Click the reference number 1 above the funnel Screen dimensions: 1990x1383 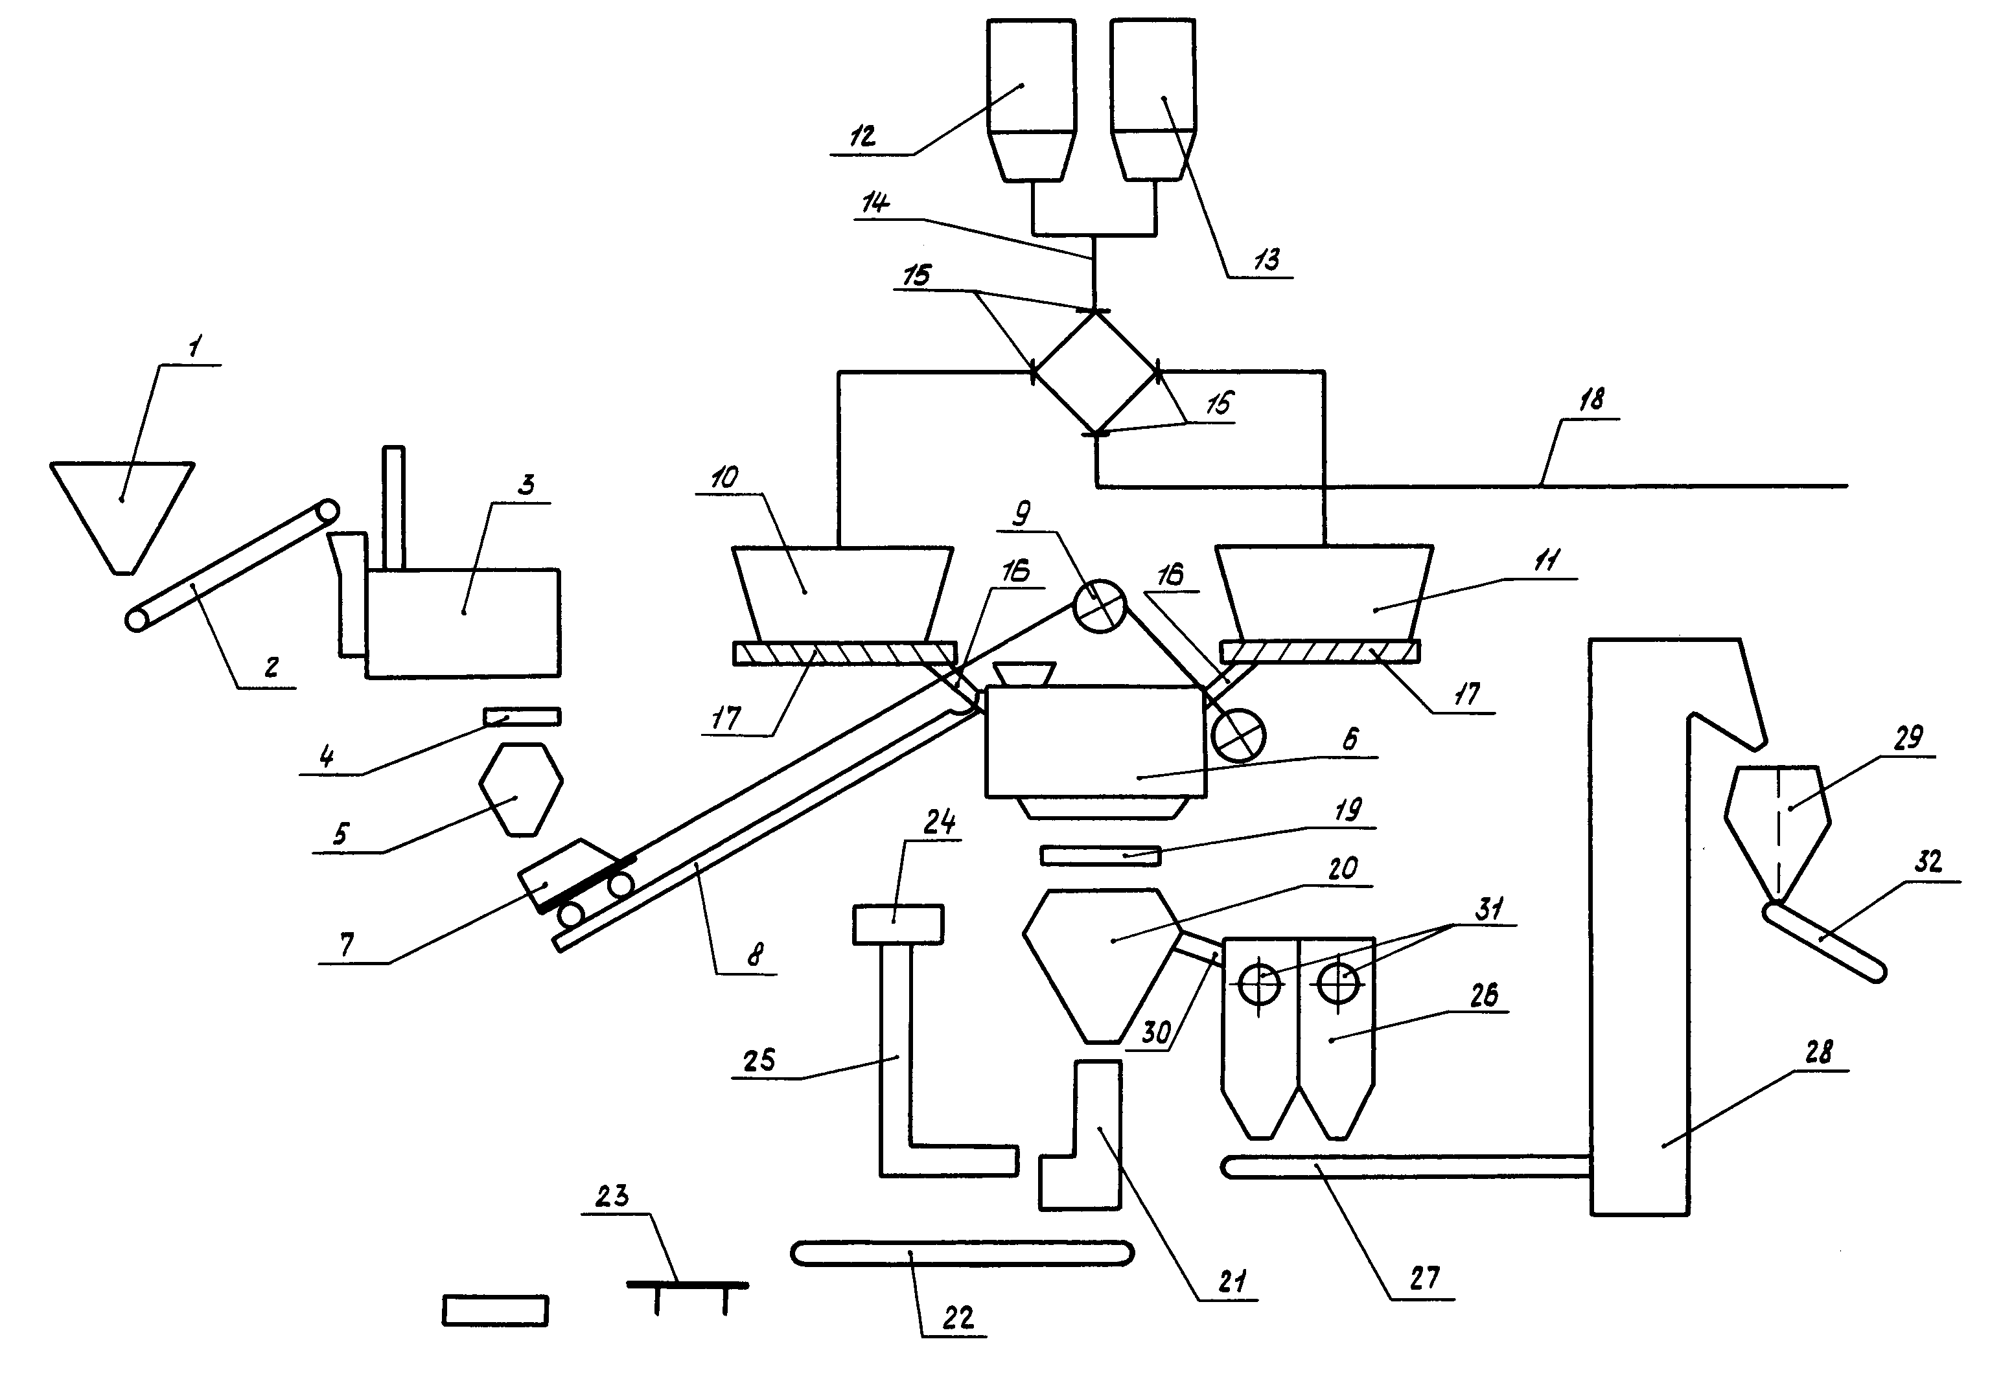195,347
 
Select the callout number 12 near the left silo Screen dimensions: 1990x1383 862,136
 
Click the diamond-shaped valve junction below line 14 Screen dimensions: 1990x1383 1096,371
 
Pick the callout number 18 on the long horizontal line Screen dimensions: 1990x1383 1591,400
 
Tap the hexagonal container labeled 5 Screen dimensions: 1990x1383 521,790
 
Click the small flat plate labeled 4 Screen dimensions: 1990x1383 522,716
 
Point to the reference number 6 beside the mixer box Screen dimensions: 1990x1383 1351,739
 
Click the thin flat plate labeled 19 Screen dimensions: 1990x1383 1100,855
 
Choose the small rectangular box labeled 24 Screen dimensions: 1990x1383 898,924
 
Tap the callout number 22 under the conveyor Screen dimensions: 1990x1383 958,1318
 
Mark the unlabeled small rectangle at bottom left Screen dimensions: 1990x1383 496,1310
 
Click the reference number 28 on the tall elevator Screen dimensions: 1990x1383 1818,1053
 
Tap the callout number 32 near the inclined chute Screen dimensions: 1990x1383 1928,863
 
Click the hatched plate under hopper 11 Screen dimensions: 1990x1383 1320,652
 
